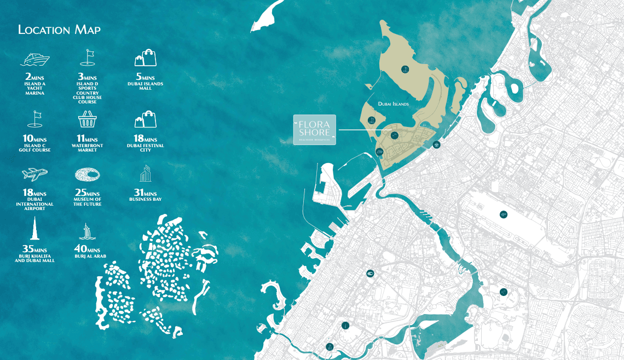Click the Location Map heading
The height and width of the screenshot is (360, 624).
coord(59,30)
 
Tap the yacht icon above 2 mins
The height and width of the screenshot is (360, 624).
coord(35,59)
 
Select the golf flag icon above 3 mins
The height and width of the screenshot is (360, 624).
coord(88,57)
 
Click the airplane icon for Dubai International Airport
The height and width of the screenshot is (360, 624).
coord(34,174)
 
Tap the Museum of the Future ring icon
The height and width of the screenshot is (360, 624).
coord(88,175)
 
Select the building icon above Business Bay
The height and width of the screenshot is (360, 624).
coord(146,175)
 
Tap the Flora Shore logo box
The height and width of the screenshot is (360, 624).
coord(314,130)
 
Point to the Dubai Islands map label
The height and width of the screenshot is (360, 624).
coord(393,103)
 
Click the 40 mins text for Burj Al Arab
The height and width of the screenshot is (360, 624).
coord(88,249)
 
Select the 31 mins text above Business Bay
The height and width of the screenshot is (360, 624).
coord(146,193)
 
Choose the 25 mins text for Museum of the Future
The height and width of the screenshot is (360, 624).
coord(88,193)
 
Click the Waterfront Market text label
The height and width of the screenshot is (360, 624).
coord(88,148)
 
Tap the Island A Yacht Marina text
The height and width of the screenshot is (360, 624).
coord(34,89)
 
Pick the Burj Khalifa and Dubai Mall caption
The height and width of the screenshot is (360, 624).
coord(34,258)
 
